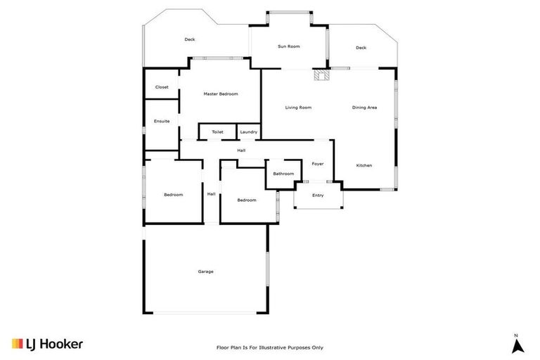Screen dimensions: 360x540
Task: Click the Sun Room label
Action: (288, 46)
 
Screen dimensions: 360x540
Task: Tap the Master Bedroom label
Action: (221, 94)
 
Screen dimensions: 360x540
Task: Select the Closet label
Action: (162, 87)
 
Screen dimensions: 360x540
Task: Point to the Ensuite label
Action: (162, 121)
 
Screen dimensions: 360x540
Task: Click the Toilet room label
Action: (217, 132)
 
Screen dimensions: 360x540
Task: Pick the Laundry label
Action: (248, 132)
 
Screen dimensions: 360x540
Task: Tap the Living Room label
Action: (298, 108)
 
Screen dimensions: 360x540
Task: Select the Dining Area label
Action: (365, 108)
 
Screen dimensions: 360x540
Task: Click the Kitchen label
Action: (364, 165)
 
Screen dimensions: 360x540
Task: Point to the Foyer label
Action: (318, 164)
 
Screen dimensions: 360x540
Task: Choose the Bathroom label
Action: (283, 173)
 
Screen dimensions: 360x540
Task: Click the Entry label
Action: (318, 195)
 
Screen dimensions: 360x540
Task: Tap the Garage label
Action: (205, 271)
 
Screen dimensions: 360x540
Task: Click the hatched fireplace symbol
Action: (322, 75)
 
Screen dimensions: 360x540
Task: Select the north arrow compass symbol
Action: (517, 346)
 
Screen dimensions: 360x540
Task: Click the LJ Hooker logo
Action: (48, 344)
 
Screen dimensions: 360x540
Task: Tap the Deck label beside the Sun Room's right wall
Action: (361, 48)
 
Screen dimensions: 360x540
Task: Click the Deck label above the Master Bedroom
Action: (190, 39)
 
